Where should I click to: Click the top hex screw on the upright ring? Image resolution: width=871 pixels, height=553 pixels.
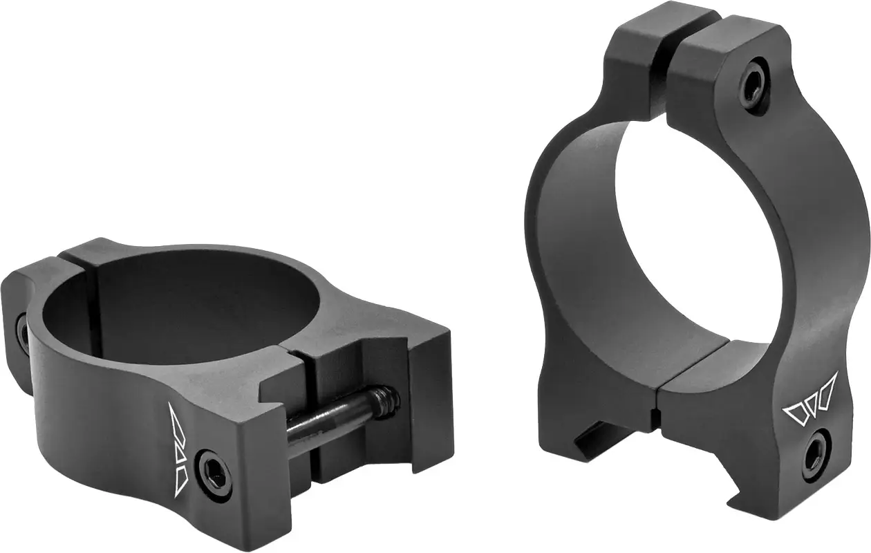[x=751, y=86]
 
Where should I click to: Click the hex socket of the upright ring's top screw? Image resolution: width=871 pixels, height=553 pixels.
[x=751, y=86]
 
